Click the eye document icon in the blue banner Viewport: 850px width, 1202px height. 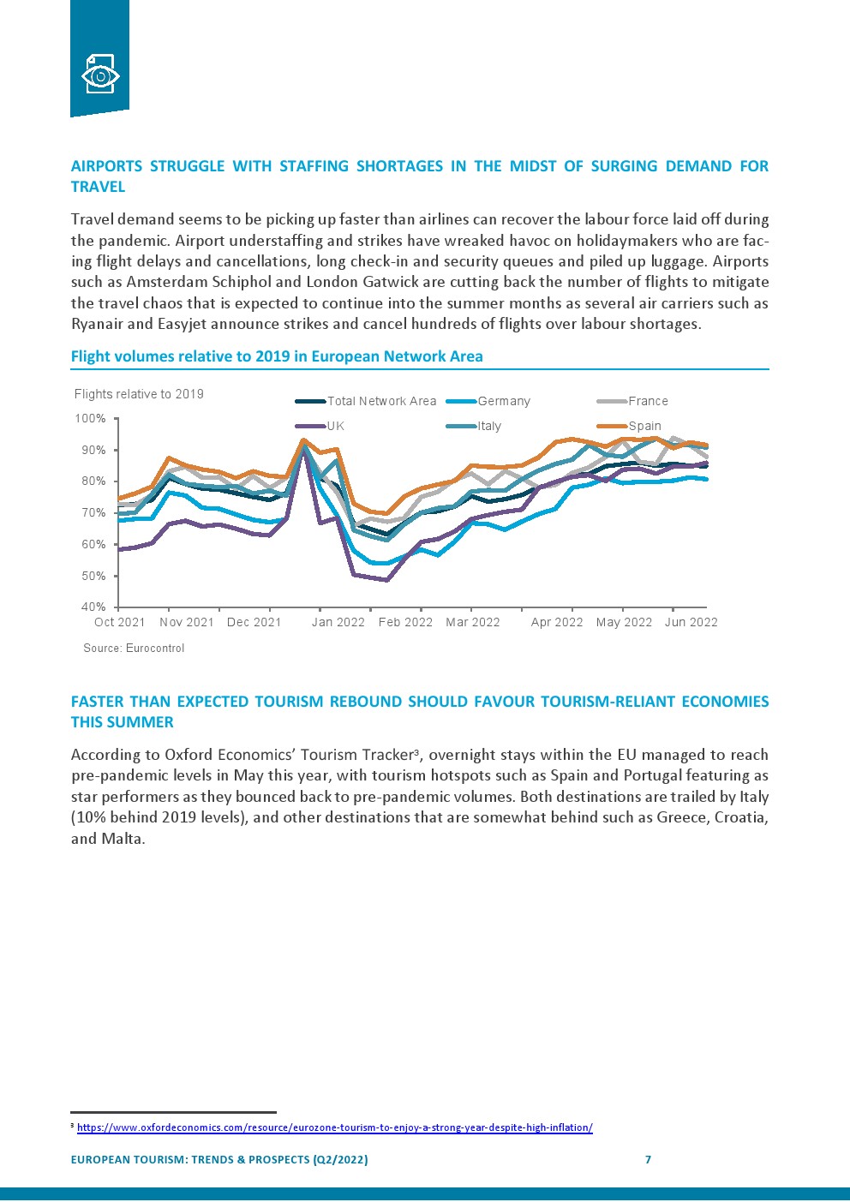(99, 75)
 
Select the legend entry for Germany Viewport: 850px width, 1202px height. (504, 401)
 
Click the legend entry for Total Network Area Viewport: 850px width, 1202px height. (381, 401)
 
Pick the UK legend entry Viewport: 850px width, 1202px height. (335, 426)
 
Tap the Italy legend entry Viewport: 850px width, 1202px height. (489, 426)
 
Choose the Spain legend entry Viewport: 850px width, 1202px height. (644, 426)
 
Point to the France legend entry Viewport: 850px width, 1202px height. (648, 401)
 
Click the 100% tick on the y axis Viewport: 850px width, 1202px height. (91, 419)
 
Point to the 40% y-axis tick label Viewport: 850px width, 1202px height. (93, 607)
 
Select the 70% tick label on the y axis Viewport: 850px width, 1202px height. (93, 513)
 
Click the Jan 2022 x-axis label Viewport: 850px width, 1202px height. (338, 622)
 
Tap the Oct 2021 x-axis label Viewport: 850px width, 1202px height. (119, 622)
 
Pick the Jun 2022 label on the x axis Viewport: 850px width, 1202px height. (691, 622)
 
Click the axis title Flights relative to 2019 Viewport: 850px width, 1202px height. (139, 394)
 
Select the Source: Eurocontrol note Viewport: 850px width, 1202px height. (134, 649)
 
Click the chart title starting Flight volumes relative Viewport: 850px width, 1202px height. (277, 356)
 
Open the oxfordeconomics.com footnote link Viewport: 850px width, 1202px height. (334, 1127)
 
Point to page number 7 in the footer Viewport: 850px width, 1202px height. (648, 1159)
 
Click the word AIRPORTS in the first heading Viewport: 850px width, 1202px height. (105, 166)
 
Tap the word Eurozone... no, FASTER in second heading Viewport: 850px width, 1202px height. (98, 702)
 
